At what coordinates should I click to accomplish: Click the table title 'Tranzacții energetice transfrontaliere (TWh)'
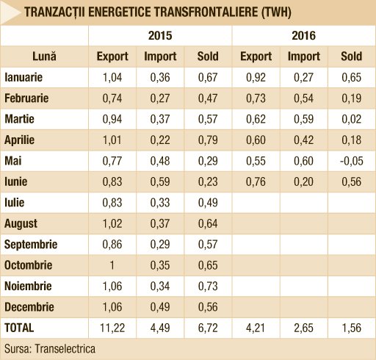tap(158, 12)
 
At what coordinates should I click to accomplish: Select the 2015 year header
tap(160, 36)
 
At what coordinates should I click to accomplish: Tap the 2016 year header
tap(303, 36)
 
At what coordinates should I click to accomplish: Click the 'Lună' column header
tap(44, 57)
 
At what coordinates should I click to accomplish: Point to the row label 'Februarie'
tap(26, 98)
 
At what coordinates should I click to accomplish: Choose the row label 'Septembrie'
tap(31, 245)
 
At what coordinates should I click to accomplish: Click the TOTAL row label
tap(19, 328)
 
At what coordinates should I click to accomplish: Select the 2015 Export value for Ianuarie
tap(112, 78)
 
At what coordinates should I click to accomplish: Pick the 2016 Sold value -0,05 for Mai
tap(351, 161)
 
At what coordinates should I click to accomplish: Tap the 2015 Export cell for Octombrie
tap(112, 265)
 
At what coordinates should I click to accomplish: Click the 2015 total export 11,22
tap(112, 328)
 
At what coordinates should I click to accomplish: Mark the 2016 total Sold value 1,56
tap(351, 328)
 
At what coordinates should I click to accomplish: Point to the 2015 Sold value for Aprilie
tap(208, 140)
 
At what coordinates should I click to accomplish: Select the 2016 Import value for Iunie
tap(303, 182)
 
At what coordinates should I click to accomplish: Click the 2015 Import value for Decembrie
tap(160, 307)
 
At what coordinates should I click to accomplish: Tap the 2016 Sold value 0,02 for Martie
tap(351, 120)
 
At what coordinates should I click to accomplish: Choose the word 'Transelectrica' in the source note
tap(65, 349)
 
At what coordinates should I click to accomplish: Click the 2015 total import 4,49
tap(160, 328)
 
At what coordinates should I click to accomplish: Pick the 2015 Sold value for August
tap(208, 224)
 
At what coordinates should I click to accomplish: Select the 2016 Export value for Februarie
tap(256, 98)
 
